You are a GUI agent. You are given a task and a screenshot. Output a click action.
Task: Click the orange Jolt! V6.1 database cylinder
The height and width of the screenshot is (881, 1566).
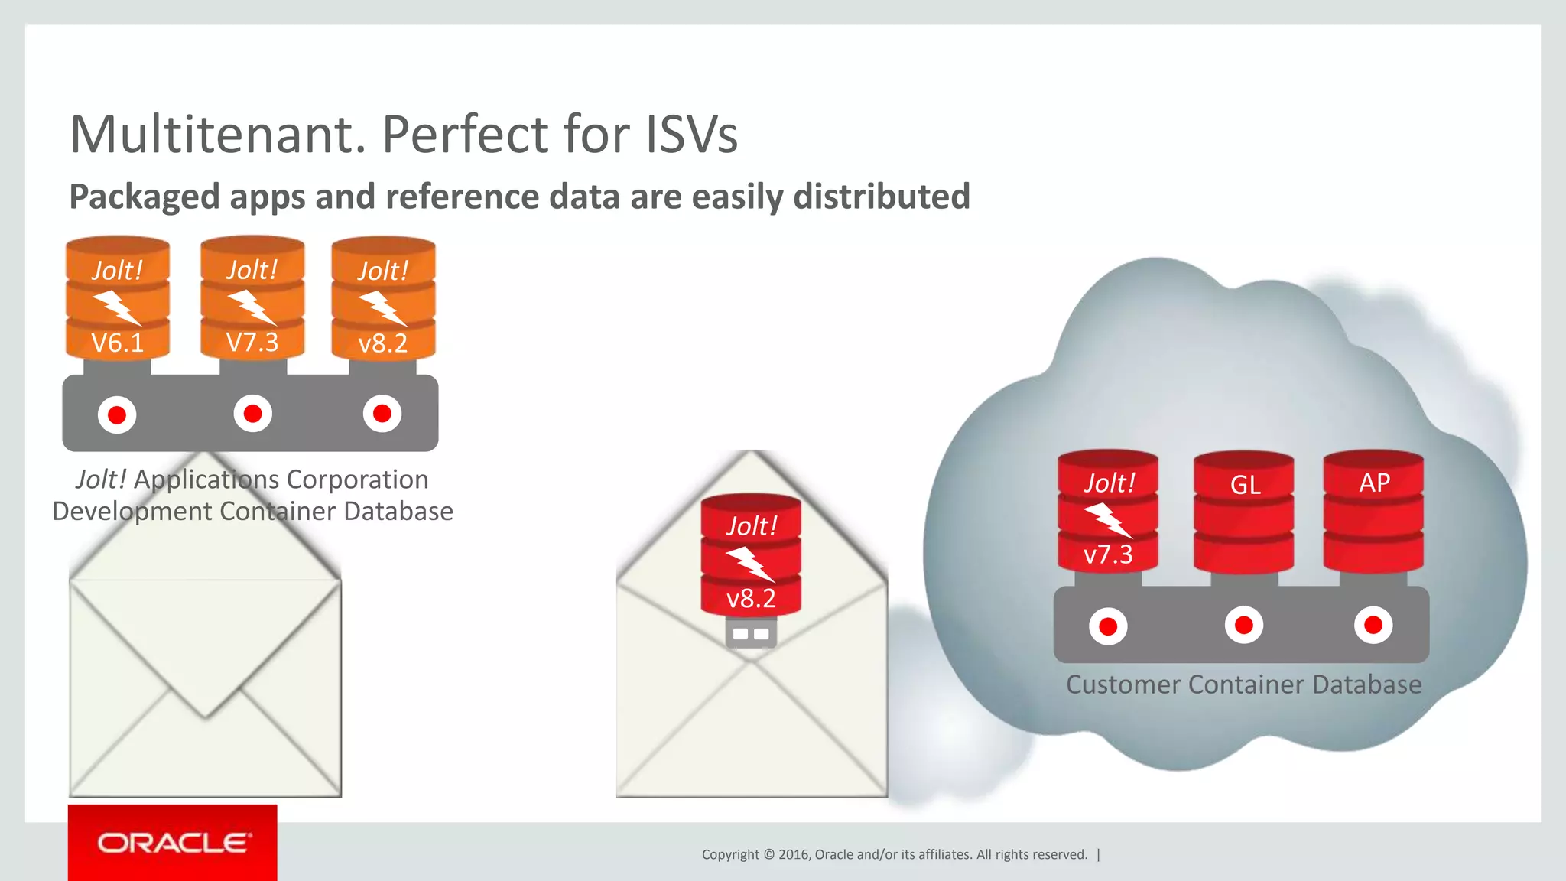click(117, 298)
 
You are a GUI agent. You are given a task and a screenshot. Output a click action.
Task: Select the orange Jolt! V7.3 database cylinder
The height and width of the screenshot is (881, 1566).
click(252, 298)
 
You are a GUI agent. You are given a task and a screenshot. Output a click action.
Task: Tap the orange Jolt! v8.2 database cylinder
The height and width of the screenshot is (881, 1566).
click(383, 298)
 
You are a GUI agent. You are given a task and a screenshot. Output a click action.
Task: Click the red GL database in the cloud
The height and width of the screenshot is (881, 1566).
click(1244, 512)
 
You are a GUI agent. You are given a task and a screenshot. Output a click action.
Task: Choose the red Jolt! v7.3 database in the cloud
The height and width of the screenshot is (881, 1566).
click(1108, 511)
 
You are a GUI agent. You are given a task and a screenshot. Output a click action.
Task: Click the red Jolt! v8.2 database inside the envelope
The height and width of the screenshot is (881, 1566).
click(751, 555)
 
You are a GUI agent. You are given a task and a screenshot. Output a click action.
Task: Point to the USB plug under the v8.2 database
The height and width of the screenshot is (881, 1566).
click(751, 633)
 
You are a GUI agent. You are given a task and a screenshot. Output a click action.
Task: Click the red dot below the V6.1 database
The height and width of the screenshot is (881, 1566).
click(117, 414)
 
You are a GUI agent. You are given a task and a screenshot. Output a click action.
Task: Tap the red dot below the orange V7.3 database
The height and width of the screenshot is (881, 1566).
click(252, 414)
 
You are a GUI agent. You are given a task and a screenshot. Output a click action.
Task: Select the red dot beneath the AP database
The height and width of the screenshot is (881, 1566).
click(1373, 626)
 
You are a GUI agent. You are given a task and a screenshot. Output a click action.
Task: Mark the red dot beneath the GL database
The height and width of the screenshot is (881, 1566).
click(1244, 626)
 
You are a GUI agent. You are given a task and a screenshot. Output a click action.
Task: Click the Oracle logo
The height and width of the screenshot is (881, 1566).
click(173, 843)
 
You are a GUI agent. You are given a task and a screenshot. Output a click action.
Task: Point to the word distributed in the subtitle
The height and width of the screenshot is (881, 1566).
click(881, 197)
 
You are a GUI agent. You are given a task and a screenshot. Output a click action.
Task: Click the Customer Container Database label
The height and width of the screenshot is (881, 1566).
click(1243, 684)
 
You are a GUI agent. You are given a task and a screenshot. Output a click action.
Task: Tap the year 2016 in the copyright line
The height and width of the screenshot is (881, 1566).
click(794, 855)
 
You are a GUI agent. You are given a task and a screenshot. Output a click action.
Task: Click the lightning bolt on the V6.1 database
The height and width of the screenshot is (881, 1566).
click(117, 307)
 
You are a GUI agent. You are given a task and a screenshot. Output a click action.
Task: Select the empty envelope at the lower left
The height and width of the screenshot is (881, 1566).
click(205, 688)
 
